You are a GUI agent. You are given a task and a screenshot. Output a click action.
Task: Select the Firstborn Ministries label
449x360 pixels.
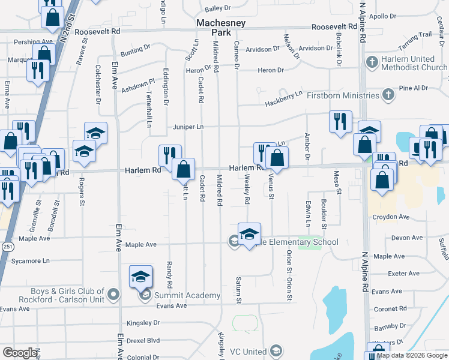click(x=343, y=95)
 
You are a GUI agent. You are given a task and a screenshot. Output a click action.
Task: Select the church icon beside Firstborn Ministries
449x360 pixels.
click(x=388, y=95)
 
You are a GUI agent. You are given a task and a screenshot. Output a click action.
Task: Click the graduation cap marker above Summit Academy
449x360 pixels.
click(x=140, y=277)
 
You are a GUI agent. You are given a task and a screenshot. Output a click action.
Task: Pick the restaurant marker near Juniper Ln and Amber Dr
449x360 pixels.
click(x=340, y=121)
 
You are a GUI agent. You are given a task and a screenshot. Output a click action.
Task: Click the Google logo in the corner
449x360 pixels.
click(x=20, y=353)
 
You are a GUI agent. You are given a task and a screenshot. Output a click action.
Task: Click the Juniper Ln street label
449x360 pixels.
click(x=188, y=127)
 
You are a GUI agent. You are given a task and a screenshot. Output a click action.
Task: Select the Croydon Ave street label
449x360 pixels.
click(x=391, y=217)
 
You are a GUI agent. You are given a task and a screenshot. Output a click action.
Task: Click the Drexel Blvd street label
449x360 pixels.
click(x=143, y=340)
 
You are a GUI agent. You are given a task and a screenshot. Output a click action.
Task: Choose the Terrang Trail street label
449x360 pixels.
click(x=417, y=34)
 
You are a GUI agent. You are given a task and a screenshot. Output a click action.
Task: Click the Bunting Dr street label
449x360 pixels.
click(x=135, y=47)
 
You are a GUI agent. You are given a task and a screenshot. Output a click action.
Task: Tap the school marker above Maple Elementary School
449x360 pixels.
click(x=249, y=234)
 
